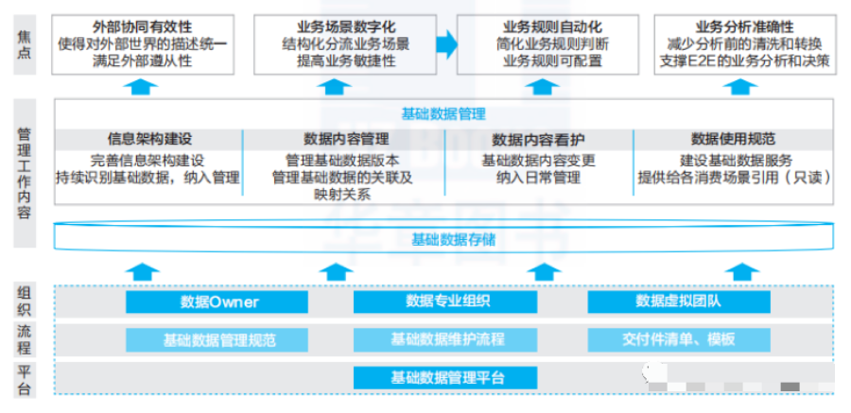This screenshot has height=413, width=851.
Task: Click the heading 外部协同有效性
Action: [142, 27]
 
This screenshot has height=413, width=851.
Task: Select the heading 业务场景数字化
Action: [346, 27]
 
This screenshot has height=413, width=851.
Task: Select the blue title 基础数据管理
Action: [443, 114]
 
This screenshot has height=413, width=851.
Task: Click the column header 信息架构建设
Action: [149, 139]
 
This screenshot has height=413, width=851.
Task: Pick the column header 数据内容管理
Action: [346, 139]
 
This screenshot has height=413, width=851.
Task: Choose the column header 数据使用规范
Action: [733, 139]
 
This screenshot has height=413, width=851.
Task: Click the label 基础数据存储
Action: [454, 239]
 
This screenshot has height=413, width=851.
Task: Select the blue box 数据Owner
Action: [217, 301]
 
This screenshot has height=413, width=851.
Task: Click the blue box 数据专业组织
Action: [445, 301]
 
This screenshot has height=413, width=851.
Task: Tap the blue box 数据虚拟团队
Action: [679, 301]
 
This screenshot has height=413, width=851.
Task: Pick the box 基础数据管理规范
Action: [217, 340]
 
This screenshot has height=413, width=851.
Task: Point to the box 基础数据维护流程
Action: [445, 340]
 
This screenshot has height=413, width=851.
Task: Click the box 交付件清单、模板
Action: [679, 340]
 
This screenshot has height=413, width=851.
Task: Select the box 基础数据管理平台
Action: [445, 378]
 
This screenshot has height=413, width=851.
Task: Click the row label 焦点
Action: [24, 44]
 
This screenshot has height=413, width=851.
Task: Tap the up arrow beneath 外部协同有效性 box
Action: [141, 87]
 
